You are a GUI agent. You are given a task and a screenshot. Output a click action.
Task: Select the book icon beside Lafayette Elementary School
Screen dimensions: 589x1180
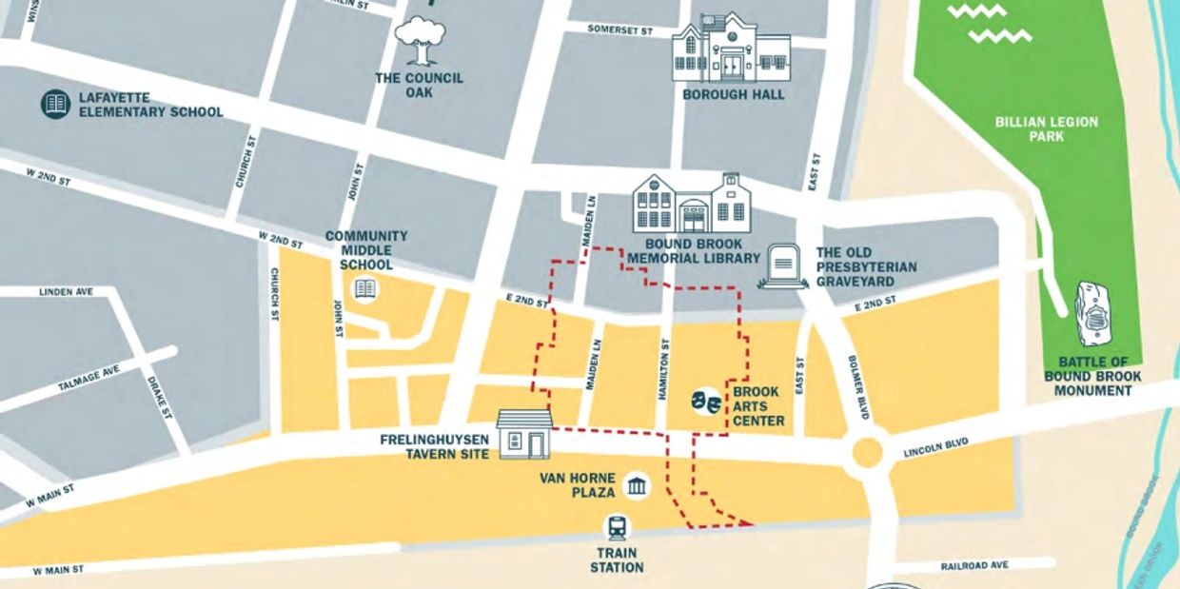coord(56,104)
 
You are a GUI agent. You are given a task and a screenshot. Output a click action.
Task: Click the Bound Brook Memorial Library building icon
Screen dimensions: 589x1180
coord(693,204)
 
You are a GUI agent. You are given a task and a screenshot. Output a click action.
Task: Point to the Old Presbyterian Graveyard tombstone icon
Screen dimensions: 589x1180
coord(784,265)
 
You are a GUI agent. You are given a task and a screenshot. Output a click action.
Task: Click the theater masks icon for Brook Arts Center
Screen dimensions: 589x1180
coord(705,400)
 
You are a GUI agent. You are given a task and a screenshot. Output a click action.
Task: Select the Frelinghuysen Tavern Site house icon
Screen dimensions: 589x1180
coord(524,435)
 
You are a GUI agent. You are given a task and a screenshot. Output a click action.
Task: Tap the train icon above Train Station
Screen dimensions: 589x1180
coord(617,528)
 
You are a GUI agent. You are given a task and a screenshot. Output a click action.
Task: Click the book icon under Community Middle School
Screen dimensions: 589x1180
coord(364,288)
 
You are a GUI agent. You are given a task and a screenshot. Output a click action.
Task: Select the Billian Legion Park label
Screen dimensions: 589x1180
coord(1047,129)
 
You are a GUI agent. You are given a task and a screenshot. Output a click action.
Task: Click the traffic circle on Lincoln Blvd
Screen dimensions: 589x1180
coord(867,453)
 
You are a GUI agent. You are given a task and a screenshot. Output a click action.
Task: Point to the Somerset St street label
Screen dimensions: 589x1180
coord(619,30)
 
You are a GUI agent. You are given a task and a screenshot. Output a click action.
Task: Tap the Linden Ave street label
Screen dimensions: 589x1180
coord(66,291)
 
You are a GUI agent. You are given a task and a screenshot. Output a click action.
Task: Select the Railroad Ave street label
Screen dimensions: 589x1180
coord(973,565)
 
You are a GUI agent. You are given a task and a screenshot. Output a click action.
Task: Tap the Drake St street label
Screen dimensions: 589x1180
coord(157,398)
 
